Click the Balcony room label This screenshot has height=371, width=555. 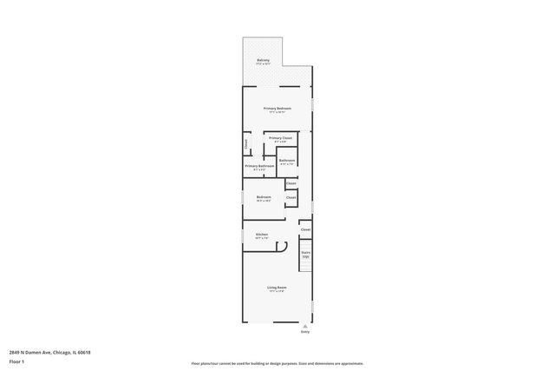click(x=263, y=60)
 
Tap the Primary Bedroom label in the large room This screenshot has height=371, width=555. click(x=277, y=109)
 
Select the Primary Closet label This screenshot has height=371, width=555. click(x=280, y=138)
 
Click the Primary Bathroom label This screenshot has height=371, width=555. click(x=259, y=166)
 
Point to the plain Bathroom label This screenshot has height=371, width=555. click(x=287, y=161)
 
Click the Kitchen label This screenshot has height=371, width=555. click(x=261, y=234)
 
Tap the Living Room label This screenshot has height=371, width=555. click(x=277, y=288)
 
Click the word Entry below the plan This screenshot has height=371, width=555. click(x=304, y=332)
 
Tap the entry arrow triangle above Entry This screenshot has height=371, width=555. click(x=304, y=324)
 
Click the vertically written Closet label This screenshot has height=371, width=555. click(x=246, y=143)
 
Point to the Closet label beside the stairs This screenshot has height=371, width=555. click(x=305, y=229)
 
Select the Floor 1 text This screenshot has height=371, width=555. click(x=17, y=361)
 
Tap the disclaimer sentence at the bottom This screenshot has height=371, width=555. click(x=277, y=363)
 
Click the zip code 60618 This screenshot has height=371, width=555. click(x=84, y=352)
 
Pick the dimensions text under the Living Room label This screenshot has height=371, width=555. click(x=277, y=292)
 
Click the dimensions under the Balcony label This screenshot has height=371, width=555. click(x=263, y=64)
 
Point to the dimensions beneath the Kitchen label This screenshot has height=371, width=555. click(x=261, y=238)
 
